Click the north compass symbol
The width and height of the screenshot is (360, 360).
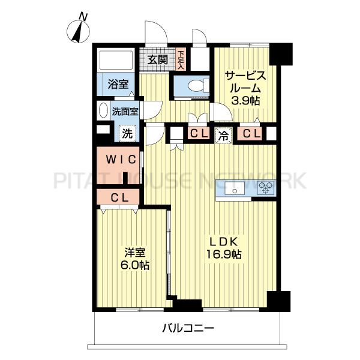pyautogui.click(x=78, y=31)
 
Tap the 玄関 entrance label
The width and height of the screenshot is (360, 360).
pyautogui.click(x=157, y=60)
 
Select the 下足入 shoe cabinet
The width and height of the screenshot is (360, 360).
pyautogui.click(x=181, y=60)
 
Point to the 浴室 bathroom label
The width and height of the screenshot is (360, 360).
pyautogui.click(x=118, y=85)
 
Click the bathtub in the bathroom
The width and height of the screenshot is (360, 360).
pyautogui.click(x=115, y=59)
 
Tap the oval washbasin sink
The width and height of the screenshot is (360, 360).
pyautogui.click(x=103, y=110)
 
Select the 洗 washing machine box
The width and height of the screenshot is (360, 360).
pyautogui.click(x=127, y=133)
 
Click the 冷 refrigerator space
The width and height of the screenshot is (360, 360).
pyautogui.click(x=223, y=136)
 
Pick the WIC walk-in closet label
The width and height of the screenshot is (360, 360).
pyautogui.click(x=121, y=160)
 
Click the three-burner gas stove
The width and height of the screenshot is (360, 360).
pyautogui.click(x=266, y=188)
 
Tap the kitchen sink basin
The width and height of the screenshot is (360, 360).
pyautogui.click(x=235, y=188)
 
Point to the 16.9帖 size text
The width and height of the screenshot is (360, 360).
pyautogui.click(x=224, y=254)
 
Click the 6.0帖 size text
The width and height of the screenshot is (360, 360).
pyautogui.click(x=135, y=266)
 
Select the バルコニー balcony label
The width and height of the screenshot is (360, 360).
pyautogui.click(x=188, y=328)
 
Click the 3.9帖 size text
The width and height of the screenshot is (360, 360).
pyautogui.click(x=245, y=100)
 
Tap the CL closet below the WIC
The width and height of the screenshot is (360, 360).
pyautogui.click(x=118, y=197)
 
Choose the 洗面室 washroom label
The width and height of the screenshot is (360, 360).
pyautogui.click(x=125, y=112)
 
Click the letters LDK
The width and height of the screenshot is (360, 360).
pyautogui.click(x=224, y=242)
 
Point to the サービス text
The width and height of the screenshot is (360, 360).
pyautogui.click(x=245, y=76)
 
